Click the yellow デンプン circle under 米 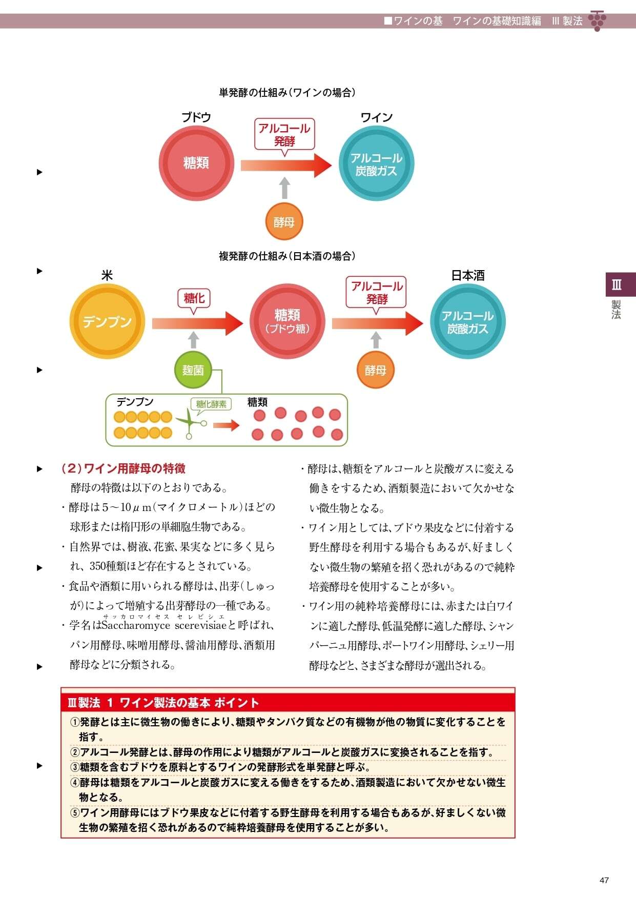click(x=107, y=321)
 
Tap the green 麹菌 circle click(x=193, y=370)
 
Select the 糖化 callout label click(x=194, y=298)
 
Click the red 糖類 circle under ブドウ click(x=196, y=163)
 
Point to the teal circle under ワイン click(x=376, y=164)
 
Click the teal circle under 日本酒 click(x=467, y=321)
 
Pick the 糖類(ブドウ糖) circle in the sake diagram click(x=287, y=321)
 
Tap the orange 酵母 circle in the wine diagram click(x=284, y=222)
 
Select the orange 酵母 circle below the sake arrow click(x=376, y=370)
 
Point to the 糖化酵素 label click(x=211, y=404)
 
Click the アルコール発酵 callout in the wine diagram click(x=284, y=134)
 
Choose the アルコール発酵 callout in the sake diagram click(x=377, y=292)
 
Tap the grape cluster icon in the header click(x=597, y=21)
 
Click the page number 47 click(x=604, y=880)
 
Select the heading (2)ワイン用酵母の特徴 click(x=123, y=468)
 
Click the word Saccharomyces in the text click(x=136, y=625)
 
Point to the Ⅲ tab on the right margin click(x=617, y=285)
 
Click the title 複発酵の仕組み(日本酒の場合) click(x=287, y=256)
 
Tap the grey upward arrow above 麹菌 click(x=193, y=340)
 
